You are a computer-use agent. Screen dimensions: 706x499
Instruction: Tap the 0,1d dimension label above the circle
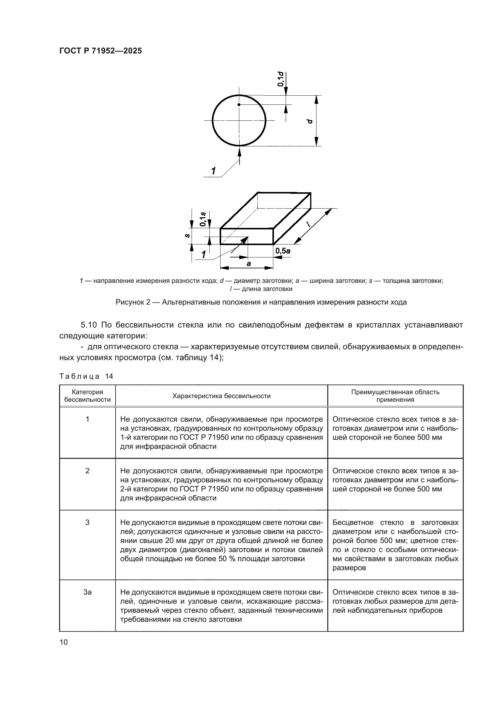[x=281, y=79]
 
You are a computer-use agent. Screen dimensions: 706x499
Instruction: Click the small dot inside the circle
[x=239, y=104]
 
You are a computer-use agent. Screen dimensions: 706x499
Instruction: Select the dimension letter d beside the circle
[x=310, y=121]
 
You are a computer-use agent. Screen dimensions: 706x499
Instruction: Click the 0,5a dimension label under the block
[x=283, y=251]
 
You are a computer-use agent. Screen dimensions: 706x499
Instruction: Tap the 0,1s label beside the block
[x=203, y=219]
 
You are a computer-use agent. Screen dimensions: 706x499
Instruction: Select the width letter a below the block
[x=249, y=264]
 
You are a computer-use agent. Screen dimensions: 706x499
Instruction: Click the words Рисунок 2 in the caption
[x=133, y=302]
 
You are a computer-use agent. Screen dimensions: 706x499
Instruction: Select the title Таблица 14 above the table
[x=86, y=376]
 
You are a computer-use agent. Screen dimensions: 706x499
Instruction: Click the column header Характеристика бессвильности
[x=221, y=396]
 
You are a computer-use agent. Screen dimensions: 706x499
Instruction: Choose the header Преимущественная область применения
[x=395, y=396]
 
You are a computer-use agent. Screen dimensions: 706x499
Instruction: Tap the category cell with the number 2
[x=87, y=471]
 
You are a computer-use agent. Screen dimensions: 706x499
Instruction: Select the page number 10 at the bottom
[x=64, y=642]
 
